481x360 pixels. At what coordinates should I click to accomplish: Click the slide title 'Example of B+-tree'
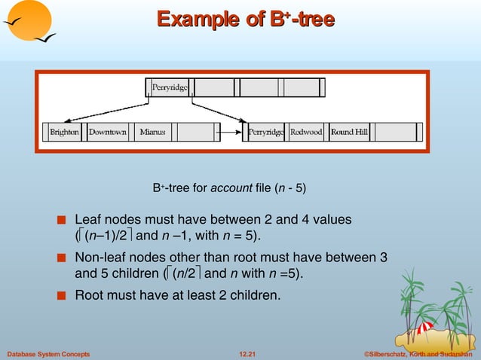pos(244,19)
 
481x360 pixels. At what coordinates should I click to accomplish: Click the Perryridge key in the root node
pos(170,88)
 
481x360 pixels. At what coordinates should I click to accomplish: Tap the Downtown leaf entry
pos(107,132)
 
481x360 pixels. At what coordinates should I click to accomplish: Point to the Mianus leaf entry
pos(152,132)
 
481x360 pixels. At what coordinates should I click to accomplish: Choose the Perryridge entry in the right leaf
pos(266,132)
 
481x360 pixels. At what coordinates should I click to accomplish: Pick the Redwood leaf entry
pos(307,132)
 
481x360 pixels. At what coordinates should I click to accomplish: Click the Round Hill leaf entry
pos(350,132)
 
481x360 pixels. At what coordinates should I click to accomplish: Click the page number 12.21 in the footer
pos(248,353)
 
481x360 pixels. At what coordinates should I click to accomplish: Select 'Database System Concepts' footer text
pos(48,353)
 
